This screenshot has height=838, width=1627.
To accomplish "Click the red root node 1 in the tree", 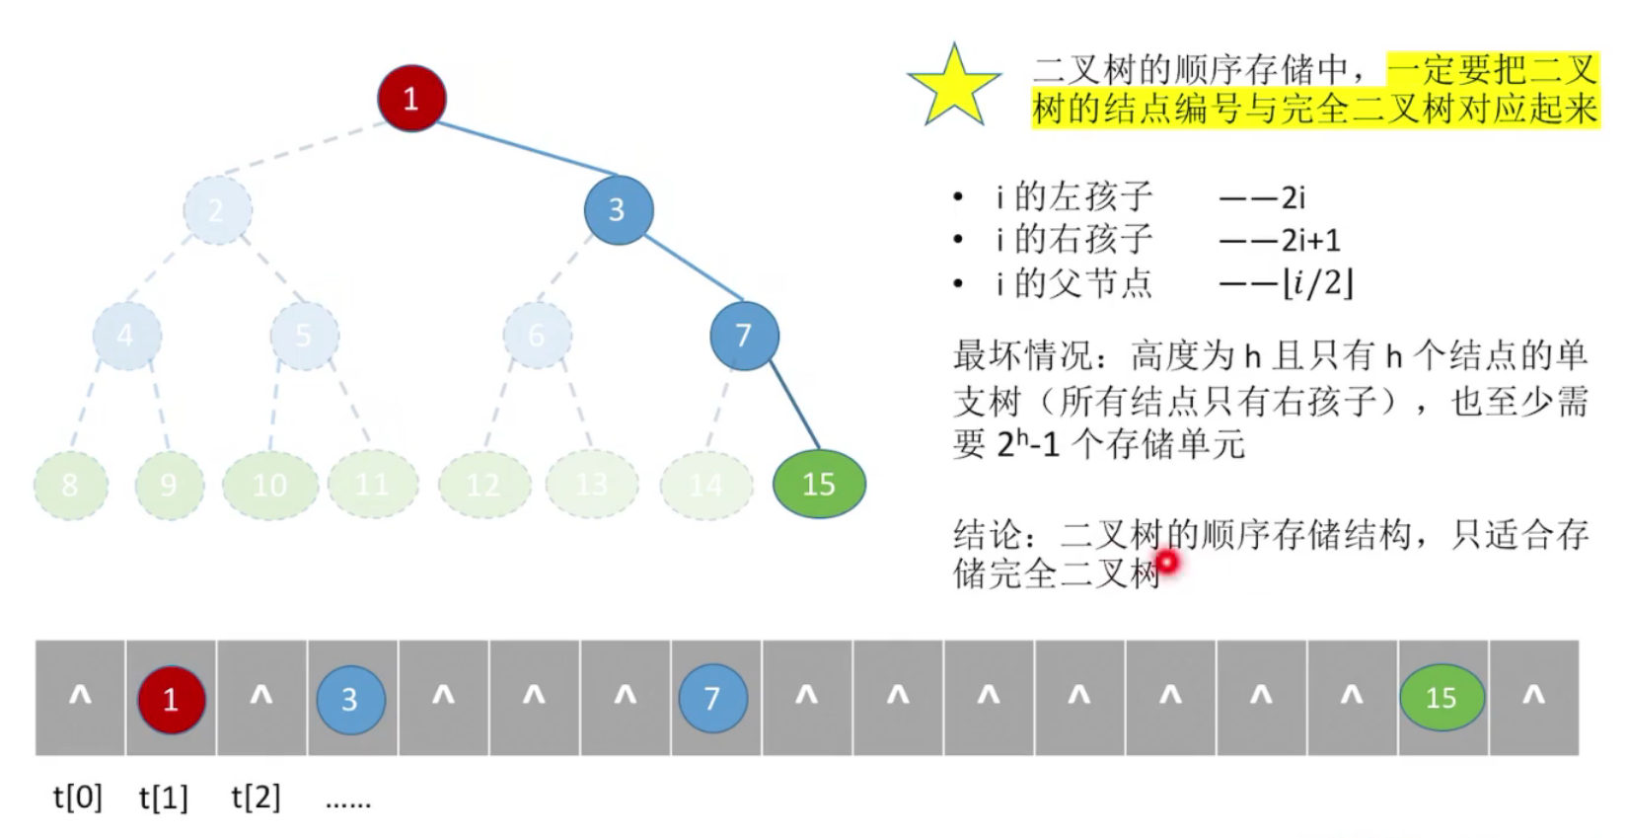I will click(411, 99).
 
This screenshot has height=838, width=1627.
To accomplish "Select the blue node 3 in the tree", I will click(618, 209).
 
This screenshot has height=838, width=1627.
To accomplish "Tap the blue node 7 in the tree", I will click(744, 336).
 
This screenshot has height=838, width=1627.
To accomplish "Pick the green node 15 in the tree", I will click(819, 484).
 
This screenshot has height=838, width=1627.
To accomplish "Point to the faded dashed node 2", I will click(217, 209).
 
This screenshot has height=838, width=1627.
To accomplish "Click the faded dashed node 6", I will click(537, 336).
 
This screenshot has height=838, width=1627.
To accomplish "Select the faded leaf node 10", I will click(270, 485).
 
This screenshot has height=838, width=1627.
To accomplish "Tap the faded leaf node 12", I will click(483, 485).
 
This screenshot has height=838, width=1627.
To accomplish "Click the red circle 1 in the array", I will click(171, 699).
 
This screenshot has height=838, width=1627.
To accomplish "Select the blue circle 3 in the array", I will click(350, 699).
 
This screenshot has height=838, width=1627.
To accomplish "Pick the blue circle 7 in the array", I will click(712, 699).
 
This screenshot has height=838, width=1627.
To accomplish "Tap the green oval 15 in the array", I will click(1442, 698).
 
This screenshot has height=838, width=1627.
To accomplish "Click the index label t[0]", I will click(78, 797).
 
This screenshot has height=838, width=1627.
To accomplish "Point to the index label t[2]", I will click(256, 797).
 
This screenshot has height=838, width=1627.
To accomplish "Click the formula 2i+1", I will click(1310, 240).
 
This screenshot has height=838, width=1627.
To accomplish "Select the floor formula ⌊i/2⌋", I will click(1317, 284).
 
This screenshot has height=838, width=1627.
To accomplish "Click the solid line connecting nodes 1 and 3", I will click(523, 148).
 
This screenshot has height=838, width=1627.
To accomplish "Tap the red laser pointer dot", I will click(1168, 563).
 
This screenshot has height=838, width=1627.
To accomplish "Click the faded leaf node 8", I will click(70, 485).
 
